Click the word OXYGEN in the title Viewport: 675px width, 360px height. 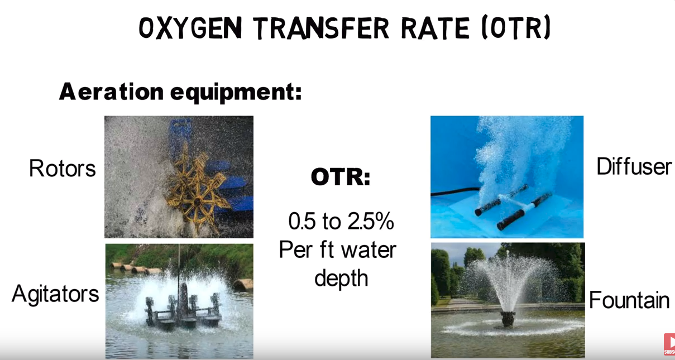pyautogui.click(x=190, y=28)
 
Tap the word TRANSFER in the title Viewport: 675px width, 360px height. pyautogui.click(x=321, y=28)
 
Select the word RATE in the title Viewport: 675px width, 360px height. pyautogui.click(x=435, y=28)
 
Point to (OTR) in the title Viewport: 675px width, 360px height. pyautogui.click(x=516, y=28)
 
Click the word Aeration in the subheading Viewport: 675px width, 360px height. pyautogui.click(x=112, y=92)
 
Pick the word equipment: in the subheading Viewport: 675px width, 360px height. pyautogui.click(x=236, y=93)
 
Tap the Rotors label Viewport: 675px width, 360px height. pyautogui.click(x=63, y=169)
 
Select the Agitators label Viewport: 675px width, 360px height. pyautogui.click(x=55, y=294)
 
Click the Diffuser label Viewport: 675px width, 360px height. pyautogui.click(x=634, y=166)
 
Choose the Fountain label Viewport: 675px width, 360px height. pyautogui.click(x=629, y=300)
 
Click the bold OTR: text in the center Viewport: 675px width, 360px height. pyautogui.click(x=341, y=177)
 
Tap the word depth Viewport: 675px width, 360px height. pyautogui.click(x=341, y=279)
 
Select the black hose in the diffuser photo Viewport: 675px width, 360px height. pyautogui.click(x=456, y=191)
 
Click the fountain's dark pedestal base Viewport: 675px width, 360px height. pyautogui.click(x=508, y=319)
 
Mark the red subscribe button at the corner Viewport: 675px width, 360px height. pyautogui.click(x=669, y=344)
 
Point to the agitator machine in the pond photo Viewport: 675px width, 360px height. pyautogui.click(x=183, y=308)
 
